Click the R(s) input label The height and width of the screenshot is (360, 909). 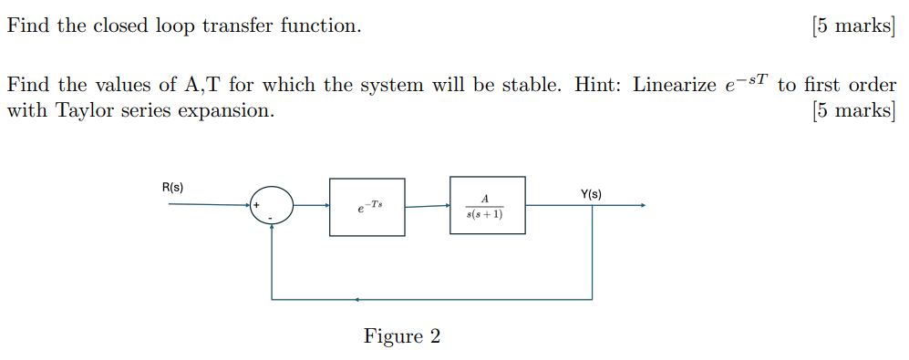tap(172, 188)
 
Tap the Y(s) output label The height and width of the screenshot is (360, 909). tap(590, 194)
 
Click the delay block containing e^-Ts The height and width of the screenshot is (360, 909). tap(367, 207)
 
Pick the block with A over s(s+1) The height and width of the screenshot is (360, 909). tap(487, 205)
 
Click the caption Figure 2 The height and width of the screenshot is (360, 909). tap(401, 336)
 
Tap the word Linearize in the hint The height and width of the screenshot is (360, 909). tap(670, 86)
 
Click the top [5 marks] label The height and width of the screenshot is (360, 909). tap(852, 26)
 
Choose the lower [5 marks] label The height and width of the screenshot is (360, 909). tap(852, 110)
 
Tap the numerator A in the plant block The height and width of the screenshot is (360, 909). tap(485, 199)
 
